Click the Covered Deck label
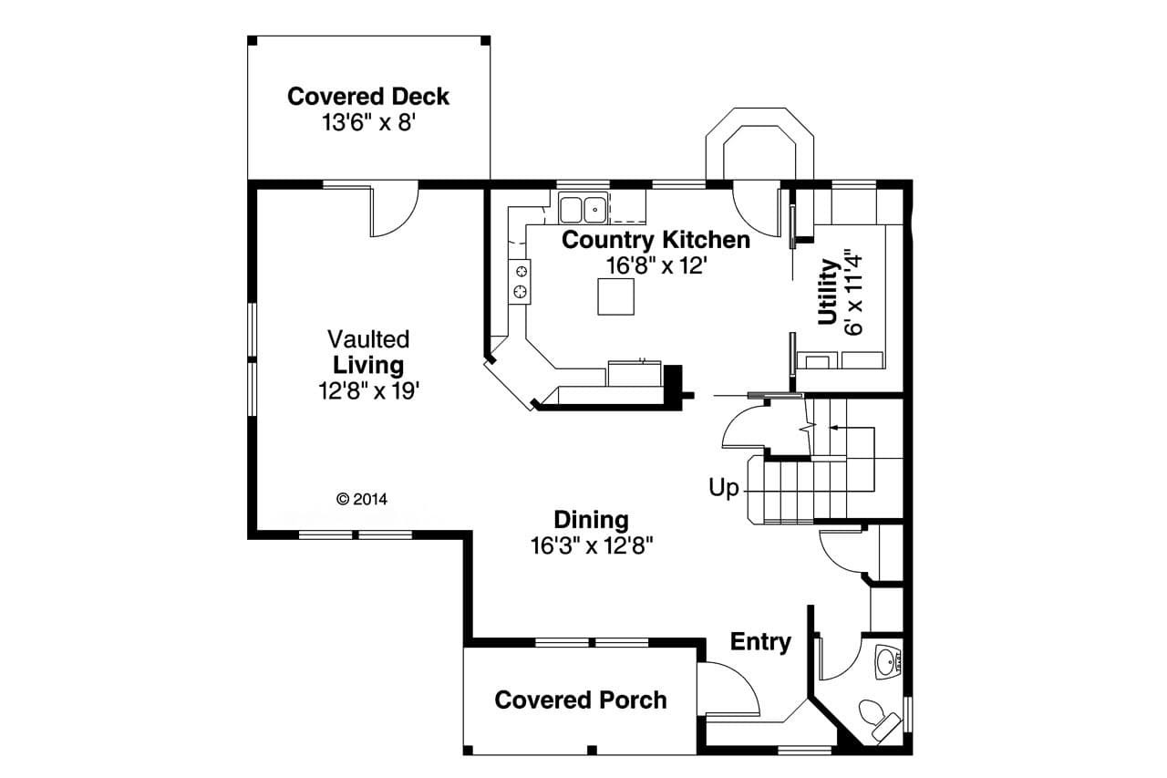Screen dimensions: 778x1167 (x=368, y=96)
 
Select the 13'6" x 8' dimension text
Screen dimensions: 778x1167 (x=368, y=122)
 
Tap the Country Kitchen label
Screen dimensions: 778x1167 (x=656, y=240)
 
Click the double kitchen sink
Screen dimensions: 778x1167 (x=583, y=209)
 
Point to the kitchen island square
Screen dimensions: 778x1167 (x=615, y=296)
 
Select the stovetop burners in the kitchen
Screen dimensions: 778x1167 (x=520, y=281)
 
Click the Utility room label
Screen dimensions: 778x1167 (x=828, y=292)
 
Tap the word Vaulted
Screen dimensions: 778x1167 (x=368, y=339)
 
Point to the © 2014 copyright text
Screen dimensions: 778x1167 (x=362, y=499)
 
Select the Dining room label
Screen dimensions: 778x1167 (x=592, y=520)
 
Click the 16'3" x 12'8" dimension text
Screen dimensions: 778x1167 (x=592, y=545)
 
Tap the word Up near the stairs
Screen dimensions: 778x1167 (x=724, y=488)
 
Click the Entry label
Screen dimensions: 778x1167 (x=760, y=642)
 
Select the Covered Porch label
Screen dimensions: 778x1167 (x=580, y=700)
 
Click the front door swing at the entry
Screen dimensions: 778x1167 (x=729, y=689)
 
